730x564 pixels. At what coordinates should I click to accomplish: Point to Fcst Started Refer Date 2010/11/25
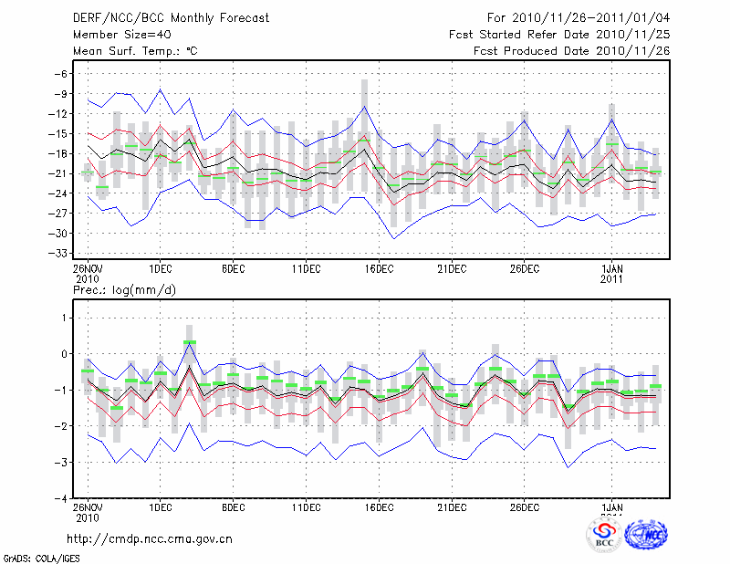click(559, 34)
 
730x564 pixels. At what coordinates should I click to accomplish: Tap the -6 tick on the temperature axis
click(62, 74)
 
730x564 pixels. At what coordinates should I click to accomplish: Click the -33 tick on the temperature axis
click(60, 253)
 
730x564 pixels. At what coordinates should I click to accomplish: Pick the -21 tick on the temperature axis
click(60, 173)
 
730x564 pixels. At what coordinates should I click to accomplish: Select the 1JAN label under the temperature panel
click(612, 269)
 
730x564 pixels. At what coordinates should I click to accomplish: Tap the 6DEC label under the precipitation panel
click(233, 507)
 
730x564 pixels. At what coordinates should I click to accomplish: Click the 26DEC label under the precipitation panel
click(525, 507)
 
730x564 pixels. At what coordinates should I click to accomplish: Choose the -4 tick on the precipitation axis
click(62, 499)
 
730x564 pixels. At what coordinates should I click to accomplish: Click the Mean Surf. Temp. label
click(134, 50)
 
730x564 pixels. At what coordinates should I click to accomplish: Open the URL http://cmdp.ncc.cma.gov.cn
click(150, 538)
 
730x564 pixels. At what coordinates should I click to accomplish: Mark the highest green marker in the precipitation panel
click(190, 342)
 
